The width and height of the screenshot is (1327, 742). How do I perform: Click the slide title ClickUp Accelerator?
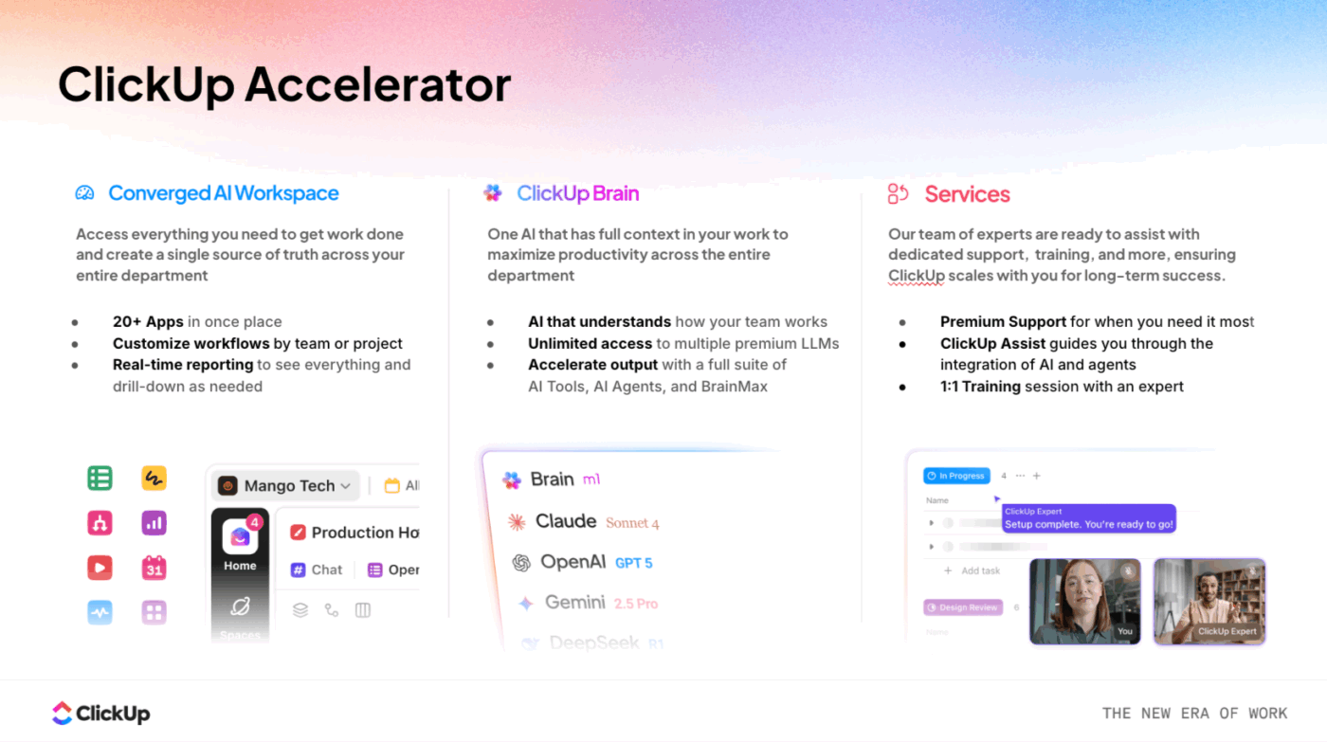pos(284,84)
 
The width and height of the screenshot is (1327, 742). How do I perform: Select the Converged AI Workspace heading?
pos(223,193)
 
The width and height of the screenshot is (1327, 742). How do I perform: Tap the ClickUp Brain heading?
pos(577,193)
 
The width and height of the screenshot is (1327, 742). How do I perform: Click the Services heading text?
pos(967,194)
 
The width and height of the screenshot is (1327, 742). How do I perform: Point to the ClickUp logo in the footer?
pos(100,714)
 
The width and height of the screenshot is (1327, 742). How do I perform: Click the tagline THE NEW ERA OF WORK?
pos(1194,714)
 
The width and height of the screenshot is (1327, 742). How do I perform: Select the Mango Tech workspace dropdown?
pos(285,486)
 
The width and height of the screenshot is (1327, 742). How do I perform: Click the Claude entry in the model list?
pos(565,521)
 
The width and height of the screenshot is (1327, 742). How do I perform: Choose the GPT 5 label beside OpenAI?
pos(633,563)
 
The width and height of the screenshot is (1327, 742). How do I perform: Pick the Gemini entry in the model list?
pos(574,603)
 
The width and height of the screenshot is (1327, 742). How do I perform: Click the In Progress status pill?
pos(956,476)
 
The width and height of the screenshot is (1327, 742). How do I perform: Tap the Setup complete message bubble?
pos(1088,518)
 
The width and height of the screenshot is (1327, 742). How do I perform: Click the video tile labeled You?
pos(1085,601)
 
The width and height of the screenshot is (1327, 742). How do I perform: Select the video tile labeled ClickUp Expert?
pos(1209,601)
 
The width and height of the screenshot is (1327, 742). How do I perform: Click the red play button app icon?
pos(100,568)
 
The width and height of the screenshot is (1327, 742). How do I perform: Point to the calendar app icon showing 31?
pos(154,568)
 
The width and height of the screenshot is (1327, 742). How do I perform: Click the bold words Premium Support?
pos(1003,322)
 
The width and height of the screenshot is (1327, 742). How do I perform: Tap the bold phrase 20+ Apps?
pos(148,322)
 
